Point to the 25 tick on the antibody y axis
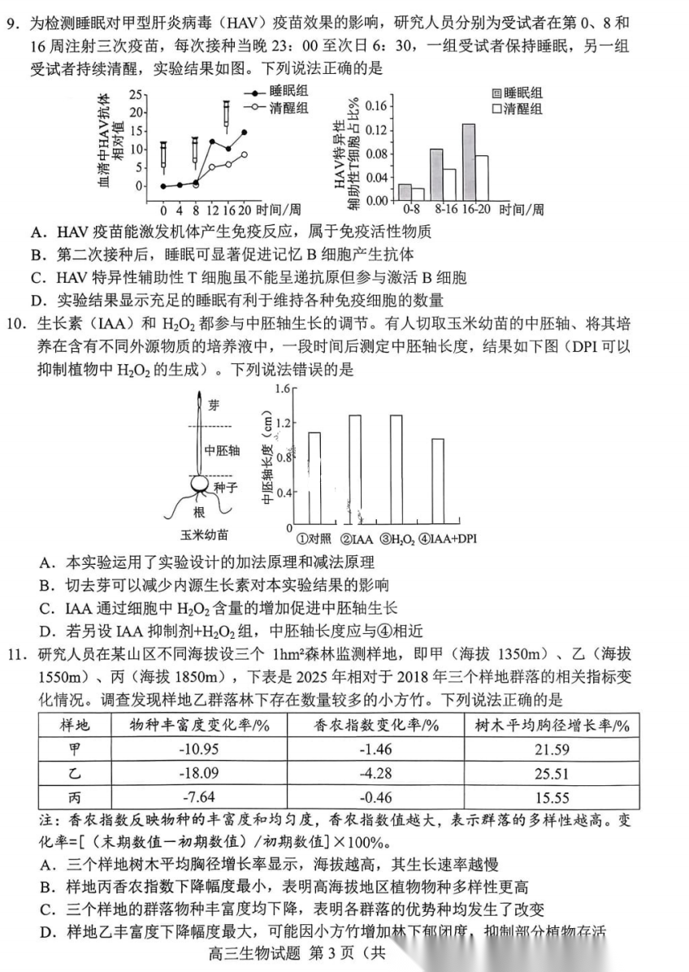click(135, 94)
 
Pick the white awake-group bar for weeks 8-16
click(449, 184)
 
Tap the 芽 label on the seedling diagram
click(214, 404)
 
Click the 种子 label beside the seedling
click(225, 487)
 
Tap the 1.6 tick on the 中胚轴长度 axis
click(283, 388)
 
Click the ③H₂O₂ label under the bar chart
click(397, 537)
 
